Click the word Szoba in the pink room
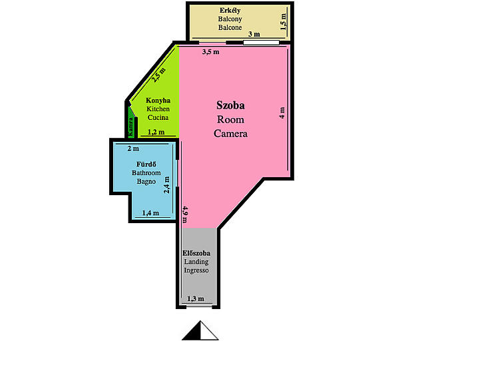coord(230,105)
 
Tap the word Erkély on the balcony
coord(230,10)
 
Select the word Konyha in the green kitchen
coord(158,101)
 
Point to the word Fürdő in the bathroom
coord(146,164)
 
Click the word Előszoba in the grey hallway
coord(196,253)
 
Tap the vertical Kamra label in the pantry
coord(130,127)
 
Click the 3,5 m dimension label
coord(211,52)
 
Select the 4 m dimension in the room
coord(282,113)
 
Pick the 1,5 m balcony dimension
coord(283,21)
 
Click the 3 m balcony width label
coord(254,34)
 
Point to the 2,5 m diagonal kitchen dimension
coord(158,75)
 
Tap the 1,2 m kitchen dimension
coord(156,132)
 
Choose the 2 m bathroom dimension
coord(133,149)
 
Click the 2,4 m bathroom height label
coord(166,184)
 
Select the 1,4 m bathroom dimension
coord(150,213)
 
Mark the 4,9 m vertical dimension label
coord(184,214)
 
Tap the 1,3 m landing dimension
coord(196,298)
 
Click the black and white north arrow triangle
coord(200,330)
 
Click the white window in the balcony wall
coord(261,43)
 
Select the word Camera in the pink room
coord(230,134)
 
